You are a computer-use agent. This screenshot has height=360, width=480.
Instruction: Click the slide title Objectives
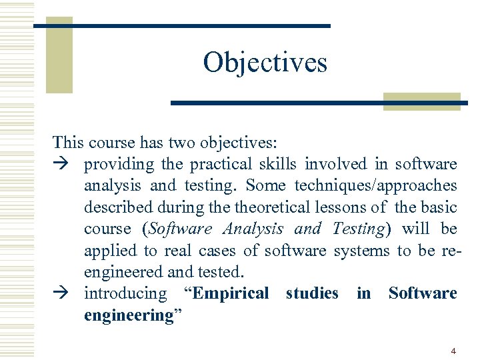265,63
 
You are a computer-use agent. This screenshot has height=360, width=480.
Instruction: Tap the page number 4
453,351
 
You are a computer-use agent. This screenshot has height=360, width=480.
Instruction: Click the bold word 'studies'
312,293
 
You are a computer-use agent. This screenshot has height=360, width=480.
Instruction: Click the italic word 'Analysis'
253,229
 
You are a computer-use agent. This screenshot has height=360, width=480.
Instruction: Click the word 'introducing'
125,293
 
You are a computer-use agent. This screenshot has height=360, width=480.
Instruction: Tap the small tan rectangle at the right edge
422,101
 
